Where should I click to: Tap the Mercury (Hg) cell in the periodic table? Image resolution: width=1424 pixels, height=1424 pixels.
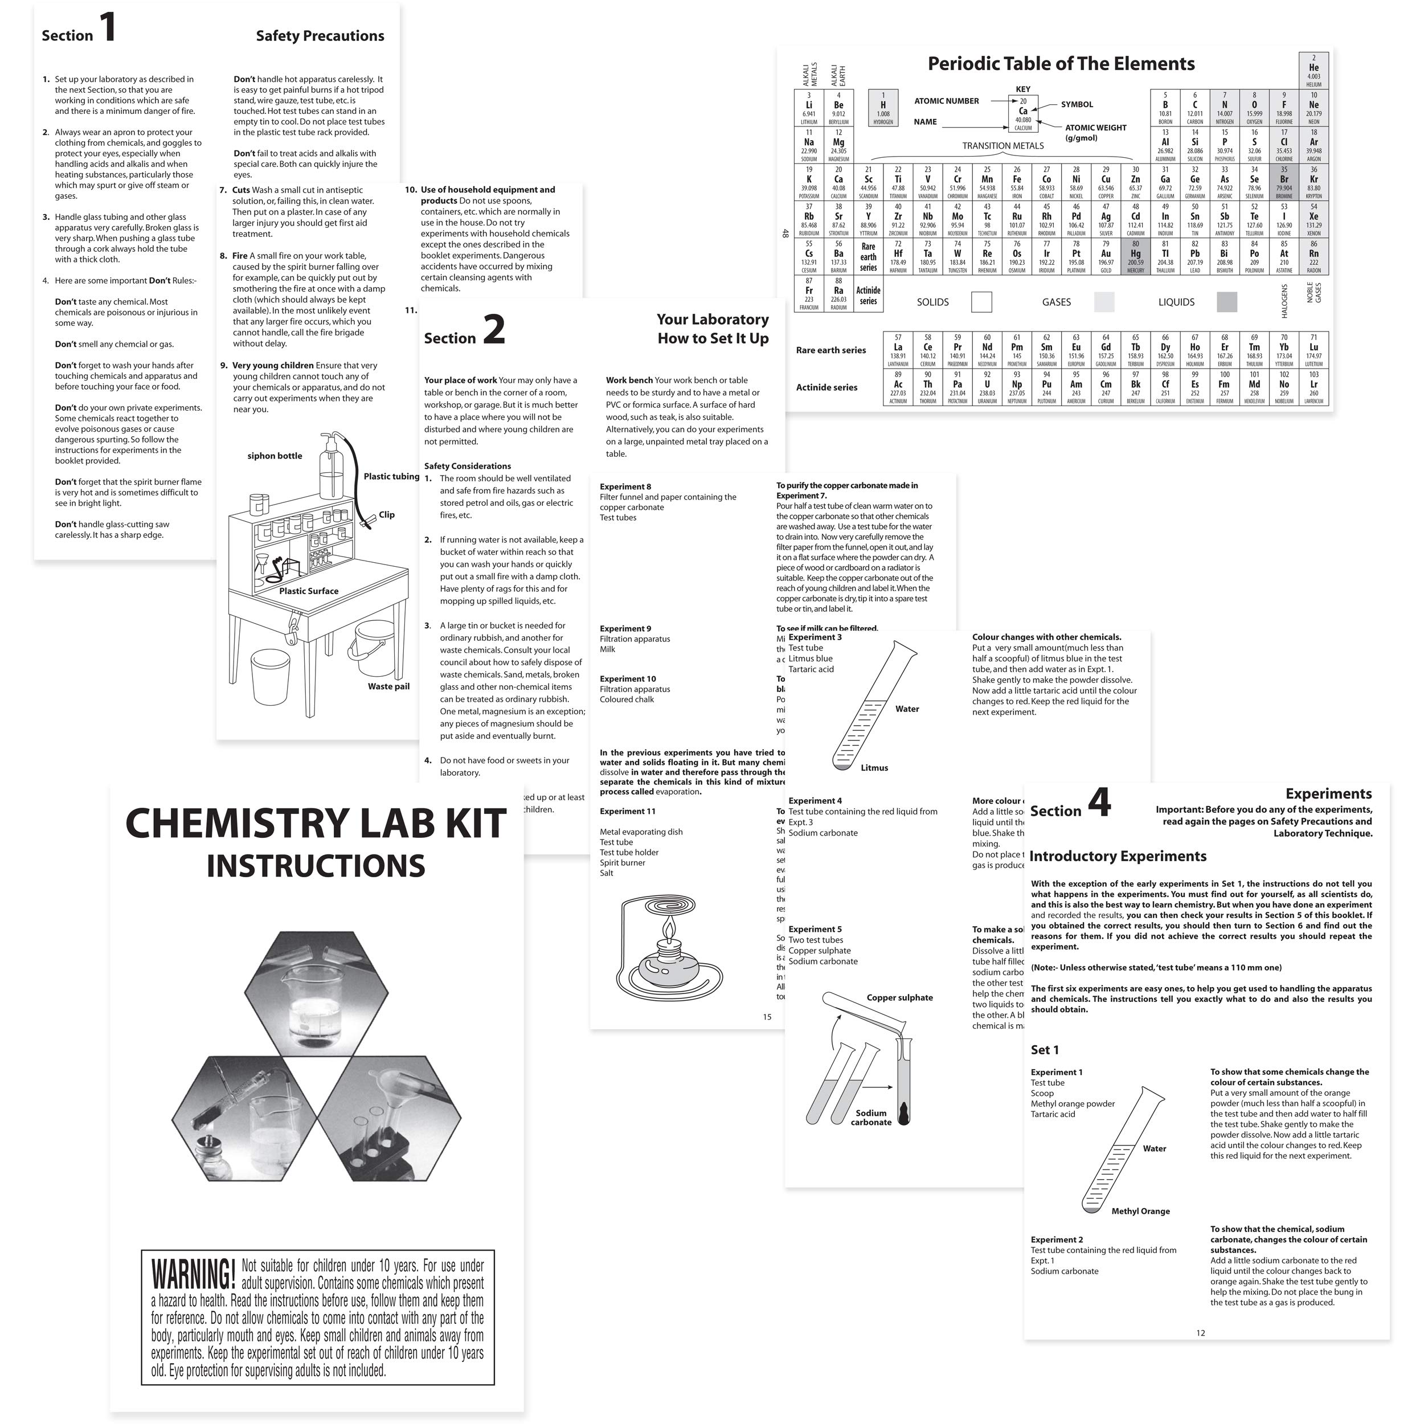1135,256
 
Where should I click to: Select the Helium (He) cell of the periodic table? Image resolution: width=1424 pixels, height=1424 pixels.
1313,71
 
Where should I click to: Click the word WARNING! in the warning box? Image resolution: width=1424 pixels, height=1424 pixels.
193,1274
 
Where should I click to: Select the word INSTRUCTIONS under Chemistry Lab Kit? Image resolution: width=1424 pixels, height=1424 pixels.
316,865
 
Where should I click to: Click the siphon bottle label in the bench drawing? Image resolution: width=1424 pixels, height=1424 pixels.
274,456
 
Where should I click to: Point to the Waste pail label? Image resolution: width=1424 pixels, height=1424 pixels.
388,686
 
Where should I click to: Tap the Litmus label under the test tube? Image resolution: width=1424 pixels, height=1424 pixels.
874,767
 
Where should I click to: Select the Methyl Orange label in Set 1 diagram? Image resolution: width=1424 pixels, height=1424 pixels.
1140,1211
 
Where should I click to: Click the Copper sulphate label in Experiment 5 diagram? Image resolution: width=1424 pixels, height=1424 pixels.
899,997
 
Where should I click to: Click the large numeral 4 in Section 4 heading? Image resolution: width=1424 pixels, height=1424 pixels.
1098,803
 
